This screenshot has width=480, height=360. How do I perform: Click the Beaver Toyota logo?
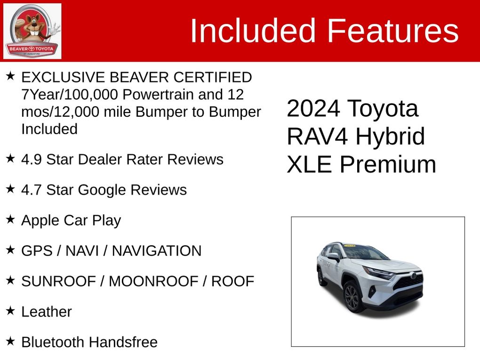32,31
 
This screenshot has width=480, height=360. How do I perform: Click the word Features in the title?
393,31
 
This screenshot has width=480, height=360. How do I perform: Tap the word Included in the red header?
253,31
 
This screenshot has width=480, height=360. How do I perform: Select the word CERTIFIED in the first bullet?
212,77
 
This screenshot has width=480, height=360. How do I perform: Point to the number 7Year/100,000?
70,95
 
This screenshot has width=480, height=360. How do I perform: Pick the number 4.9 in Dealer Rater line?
32,160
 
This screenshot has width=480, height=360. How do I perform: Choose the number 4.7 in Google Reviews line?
32,190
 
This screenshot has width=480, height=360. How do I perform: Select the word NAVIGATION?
157,251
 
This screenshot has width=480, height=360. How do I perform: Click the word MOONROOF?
153,281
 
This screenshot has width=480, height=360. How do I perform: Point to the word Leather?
47,312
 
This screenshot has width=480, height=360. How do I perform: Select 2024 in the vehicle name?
313,108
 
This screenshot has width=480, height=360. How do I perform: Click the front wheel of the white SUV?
352,296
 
